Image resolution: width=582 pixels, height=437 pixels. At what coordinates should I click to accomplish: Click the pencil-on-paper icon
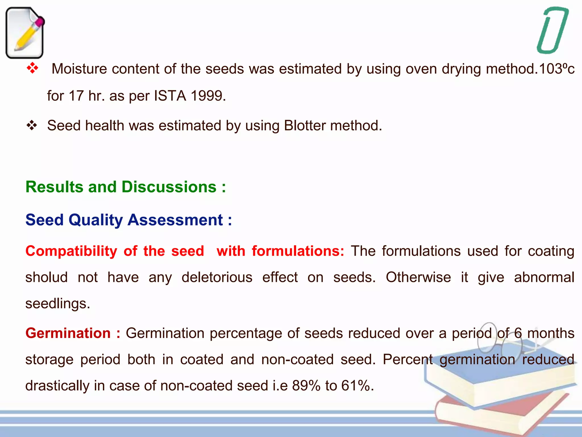pos(25,33)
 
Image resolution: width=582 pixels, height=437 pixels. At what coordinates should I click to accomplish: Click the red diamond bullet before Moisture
pos(32,69)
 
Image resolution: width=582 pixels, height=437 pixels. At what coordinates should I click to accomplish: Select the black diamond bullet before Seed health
pos(32,125)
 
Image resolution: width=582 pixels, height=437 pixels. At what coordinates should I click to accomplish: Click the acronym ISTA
pos(170,96)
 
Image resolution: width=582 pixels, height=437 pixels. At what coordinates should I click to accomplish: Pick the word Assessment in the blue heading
pos(175,220)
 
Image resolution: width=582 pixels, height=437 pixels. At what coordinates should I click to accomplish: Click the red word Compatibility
pos(71,251)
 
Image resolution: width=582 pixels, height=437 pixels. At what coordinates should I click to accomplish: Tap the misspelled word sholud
pos(47,277)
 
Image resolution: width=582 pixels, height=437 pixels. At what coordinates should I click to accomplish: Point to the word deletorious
pos(217,277)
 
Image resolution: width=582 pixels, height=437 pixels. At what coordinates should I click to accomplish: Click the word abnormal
pos(544,277)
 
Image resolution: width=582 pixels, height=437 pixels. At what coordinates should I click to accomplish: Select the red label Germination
pos(68,333)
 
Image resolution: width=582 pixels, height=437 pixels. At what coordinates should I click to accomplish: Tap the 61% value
pos(355,386)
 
